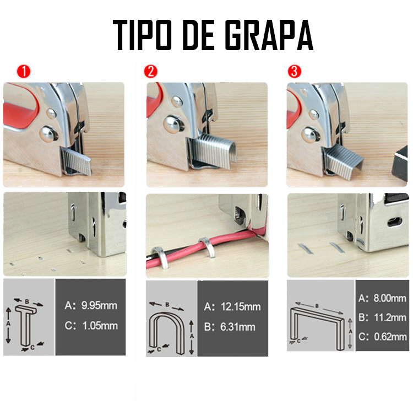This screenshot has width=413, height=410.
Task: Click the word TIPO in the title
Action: pyautogui.click(x=142, y=35)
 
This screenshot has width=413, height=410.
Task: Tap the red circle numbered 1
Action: pyautogui.click(x=24, y=72)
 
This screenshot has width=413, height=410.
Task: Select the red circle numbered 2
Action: pyautogui.click(x=151, y=72)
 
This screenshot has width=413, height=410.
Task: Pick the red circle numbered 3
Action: pyautogui.click(x=294, y=72)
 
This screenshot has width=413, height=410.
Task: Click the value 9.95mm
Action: pyautogui.click(x=99, y=306)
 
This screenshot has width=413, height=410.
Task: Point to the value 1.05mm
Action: pyautogui.click(x=100, y=326)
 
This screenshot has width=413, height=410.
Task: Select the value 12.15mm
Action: pyautogui.click(x=241, y=306)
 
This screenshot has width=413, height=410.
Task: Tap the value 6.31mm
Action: pyautogui.click(x=237, y=327)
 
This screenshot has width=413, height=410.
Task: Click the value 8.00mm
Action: pyautogui.click(x=390, y=298)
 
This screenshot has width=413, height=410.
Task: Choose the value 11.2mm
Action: pyautogui.click(x=390, y=317)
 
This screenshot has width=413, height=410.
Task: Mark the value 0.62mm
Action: pyautogui.click(x=390, y=337)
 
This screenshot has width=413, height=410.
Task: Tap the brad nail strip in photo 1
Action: pyautogui.click(x=77, y=160)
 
